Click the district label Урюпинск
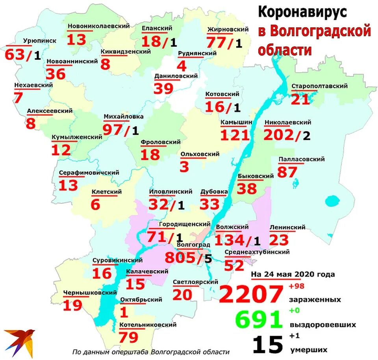[x=40, y=41]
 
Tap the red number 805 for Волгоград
[x=180, y=258]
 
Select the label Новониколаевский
[x=98, y=26]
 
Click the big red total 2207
[x=251, y=295]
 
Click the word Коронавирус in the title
[x=302, y=13]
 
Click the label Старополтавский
[x=319, y=86]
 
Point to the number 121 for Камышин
[x=235, y=135]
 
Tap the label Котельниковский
[x=148, y=325]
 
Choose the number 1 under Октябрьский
[x=124, y=312]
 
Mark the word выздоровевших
[x=323, y=325]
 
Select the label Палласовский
[x=301, y=159]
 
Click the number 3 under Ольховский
[x=184, y=167]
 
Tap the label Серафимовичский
[x=89, y=173]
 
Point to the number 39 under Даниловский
[x=163, y=89]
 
